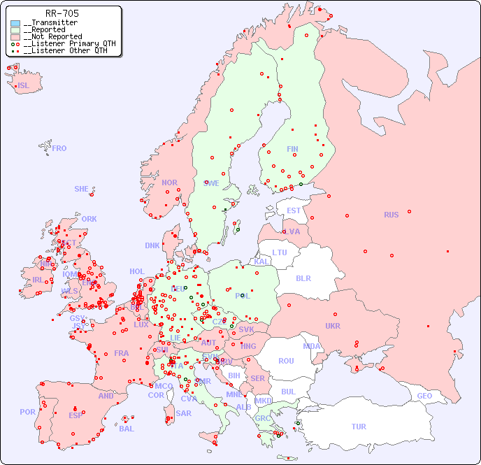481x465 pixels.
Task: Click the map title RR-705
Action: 62,13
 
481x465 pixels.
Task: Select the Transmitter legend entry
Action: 50,23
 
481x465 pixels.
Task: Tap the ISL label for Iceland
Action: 24,86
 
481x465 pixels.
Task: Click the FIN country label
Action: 292,149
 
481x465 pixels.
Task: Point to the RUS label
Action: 391,215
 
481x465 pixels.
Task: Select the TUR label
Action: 359,427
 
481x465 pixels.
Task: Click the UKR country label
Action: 333,326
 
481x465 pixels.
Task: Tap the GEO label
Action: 424,396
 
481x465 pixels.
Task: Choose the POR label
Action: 27,412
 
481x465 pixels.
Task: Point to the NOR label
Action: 169,183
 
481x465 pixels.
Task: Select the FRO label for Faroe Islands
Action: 59,148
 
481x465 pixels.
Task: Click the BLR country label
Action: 303,278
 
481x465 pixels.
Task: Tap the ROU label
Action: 286,361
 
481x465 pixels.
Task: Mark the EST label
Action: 294,210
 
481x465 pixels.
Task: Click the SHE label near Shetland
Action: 82,189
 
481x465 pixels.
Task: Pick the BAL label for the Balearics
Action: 127,429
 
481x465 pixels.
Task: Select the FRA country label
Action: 122,353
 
